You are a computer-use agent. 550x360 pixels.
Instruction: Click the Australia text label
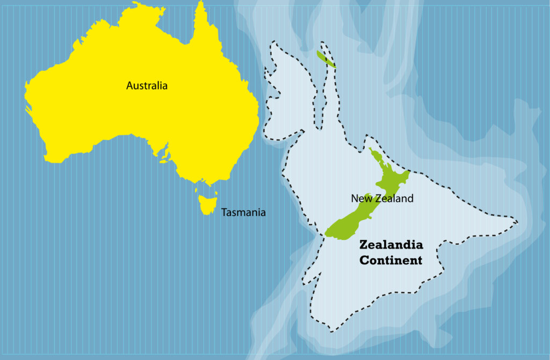point(147,85)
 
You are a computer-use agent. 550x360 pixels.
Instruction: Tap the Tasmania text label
point(243,212)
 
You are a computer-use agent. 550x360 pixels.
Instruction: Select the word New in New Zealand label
point(360,198)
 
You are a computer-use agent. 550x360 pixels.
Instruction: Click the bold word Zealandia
point(390,245)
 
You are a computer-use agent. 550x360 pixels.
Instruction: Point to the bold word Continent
point(390,261)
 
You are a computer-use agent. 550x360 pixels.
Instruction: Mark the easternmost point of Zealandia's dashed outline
point(518,221)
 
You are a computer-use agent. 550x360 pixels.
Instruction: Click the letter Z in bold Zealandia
point(363,245)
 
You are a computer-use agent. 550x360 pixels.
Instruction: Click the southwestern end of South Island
point(326,235)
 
